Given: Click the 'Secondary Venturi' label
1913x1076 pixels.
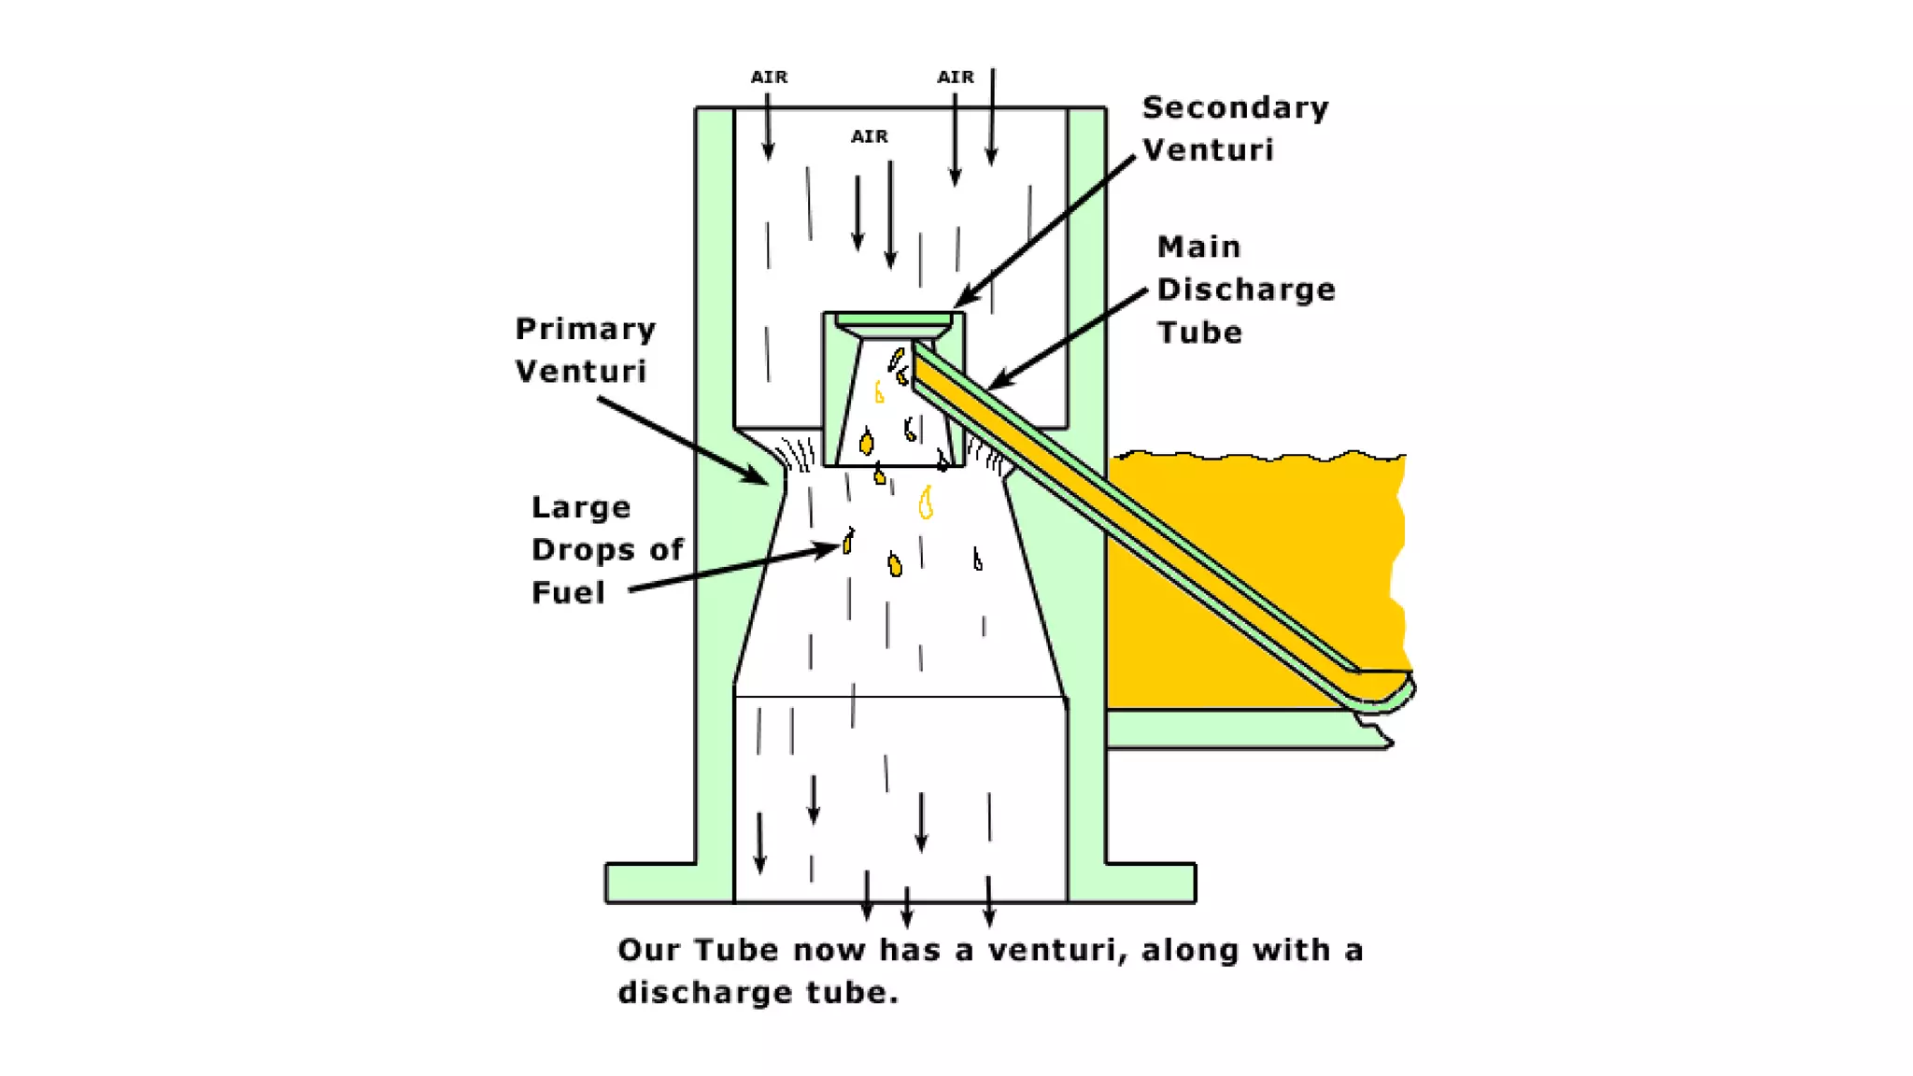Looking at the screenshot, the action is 1234,129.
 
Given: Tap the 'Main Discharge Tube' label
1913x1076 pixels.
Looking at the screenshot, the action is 1245,290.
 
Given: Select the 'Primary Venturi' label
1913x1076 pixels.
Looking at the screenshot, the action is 585,350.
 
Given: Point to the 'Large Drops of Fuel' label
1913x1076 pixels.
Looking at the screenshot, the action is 606,550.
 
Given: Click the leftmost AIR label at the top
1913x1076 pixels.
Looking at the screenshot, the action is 769,78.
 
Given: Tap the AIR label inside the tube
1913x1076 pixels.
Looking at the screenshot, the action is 869,137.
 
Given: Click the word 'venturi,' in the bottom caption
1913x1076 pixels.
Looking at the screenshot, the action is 1056,951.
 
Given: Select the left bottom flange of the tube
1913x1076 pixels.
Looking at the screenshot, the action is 650,883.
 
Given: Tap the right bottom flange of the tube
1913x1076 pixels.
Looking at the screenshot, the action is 1149,883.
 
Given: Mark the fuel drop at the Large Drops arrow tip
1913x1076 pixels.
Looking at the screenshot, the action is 848,541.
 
